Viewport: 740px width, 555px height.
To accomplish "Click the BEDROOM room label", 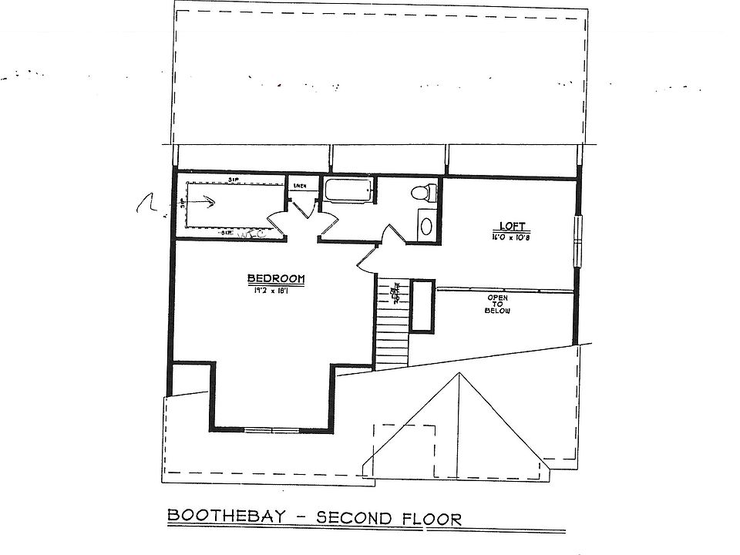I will click(x=276, y=279).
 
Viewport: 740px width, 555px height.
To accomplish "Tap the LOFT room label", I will click(x=512, y=227).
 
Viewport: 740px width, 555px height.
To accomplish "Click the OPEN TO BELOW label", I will click(x=497, y=304).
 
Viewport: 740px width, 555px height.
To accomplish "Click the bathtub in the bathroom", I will click(x=348, y=190).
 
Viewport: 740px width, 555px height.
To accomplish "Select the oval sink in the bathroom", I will click(x=425, y=226).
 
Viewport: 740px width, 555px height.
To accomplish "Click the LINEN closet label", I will click(x=300, y=186).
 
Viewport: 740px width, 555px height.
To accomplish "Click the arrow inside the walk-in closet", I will click(x=206, y=203).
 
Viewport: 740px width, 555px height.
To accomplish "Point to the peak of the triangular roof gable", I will click(x=460, y=374).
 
